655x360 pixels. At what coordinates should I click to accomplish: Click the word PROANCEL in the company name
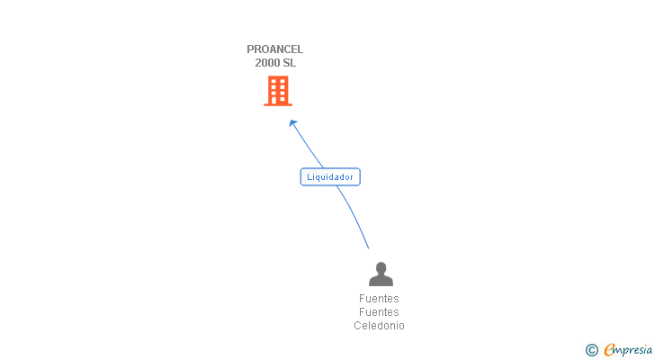pos(275,49)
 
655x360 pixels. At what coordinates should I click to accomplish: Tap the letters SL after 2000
pos(288,63)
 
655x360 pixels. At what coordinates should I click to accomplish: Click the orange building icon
pos(278,91)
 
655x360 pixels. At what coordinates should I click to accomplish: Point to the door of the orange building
pos(278,100)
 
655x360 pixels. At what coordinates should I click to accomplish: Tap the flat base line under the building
pos(278,104)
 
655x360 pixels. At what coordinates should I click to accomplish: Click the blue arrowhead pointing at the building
pos(292,123)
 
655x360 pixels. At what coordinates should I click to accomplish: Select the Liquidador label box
pos(330,177)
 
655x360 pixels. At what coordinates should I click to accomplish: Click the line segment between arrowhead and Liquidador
pos(308,146)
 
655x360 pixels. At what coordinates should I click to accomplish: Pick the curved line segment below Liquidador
pos(355,216)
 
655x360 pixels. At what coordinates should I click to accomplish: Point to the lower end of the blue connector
pos(368,247)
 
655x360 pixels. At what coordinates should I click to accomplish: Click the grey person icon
pos(381,274)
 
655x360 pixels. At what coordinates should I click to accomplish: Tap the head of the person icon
pos(381,267)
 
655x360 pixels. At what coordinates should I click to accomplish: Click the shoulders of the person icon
pos(381,281)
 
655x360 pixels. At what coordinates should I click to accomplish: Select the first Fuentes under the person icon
pos(379,299)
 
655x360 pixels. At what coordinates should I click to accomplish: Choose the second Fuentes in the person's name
pos(379,312)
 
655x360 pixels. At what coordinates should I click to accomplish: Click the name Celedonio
pos(379,326)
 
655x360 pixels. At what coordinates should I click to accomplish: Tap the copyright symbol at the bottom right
pos(592,349)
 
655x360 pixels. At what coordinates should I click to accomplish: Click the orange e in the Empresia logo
pos(610,349)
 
